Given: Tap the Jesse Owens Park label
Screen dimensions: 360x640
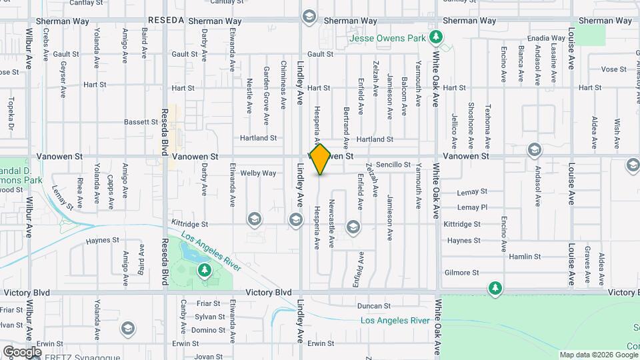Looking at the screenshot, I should click(x=389, y=38).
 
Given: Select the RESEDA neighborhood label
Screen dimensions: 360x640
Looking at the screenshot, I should click(x=166, y=21).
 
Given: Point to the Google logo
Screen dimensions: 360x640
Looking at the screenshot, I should click(x=21, y=351).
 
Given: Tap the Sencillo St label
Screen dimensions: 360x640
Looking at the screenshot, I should click(x=393, y=164).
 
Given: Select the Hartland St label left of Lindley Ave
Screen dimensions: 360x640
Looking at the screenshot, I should click(x=259, y=138).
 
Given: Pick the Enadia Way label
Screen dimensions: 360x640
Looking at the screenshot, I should click(x=546, y=39).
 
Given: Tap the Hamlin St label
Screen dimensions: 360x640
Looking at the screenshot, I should click(x=525, y=257).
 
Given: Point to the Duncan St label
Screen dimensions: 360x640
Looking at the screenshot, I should click(x=373, y=306).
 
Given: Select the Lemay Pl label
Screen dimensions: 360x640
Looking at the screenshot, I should click(x=473, y=207).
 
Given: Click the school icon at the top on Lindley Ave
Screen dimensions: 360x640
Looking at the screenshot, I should click(x=309, y=15).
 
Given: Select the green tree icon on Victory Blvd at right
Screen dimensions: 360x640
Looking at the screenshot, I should click(x=495, y=287).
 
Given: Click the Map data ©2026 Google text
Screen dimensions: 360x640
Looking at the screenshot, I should click(x=598, y=355).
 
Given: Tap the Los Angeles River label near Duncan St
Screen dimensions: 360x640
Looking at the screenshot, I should click(x=395, y=321).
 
